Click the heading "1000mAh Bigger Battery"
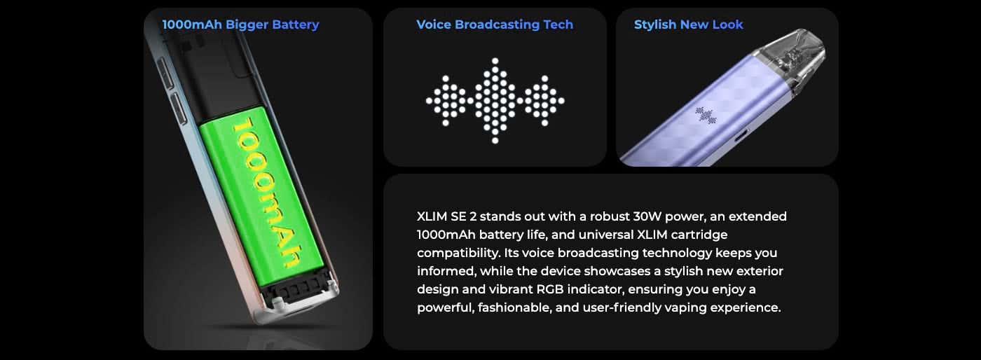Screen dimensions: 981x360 [x=240, y=25]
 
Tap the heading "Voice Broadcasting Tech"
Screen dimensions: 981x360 [x=495, y=25]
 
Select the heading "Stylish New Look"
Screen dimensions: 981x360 [x=688, y=25]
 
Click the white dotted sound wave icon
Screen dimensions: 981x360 [x=495, y=101]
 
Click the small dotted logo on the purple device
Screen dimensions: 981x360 [x=706, y=116]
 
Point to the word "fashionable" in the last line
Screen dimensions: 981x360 [x=514, y=307]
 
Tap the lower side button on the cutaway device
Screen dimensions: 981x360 [x=177, y=109]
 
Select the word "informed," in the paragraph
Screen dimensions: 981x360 [x=446, y=271]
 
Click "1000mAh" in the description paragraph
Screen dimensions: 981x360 [x=446, y=235]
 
